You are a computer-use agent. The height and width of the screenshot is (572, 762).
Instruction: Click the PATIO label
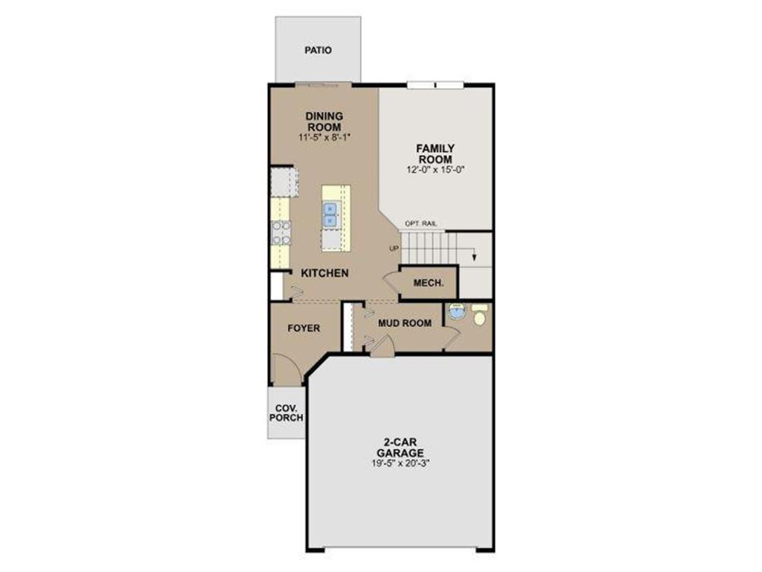318,51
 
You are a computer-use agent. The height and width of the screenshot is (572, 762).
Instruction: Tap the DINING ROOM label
324,121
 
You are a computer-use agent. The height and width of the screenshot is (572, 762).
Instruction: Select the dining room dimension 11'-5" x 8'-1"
324,138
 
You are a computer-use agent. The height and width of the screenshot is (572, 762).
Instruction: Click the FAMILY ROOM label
435,154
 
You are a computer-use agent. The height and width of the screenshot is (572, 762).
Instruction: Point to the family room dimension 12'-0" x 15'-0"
435,171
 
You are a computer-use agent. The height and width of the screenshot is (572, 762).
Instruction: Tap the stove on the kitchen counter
281,232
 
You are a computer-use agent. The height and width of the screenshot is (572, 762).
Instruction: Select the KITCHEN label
324,273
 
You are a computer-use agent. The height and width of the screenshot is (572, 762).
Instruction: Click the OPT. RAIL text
420,223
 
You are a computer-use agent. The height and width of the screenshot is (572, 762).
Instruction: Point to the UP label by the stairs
394,249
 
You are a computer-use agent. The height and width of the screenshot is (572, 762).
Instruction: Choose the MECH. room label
429,283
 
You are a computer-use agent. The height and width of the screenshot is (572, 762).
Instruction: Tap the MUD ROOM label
405,323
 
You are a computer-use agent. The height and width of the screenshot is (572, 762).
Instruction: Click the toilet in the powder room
479,318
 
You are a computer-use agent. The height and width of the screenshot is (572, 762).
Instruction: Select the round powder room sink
458,313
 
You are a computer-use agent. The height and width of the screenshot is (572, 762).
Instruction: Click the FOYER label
304,328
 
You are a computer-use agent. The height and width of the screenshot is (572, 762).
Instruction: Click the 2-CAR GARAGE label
400,448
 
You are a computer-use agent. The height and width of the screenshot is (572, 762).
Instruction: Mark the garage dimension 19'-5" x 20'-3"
400,463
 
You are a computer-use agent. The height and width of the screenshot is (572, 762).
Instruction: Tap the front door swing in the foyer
286,369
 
